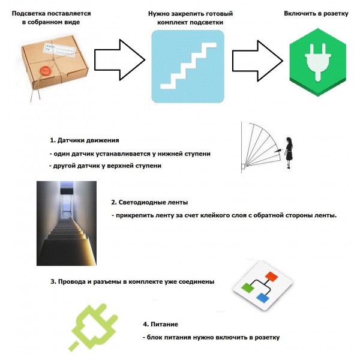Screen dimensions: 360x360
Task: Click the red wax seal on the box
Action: (x=46, y=71)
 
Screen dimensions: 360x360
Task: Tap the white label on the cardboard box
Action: (x=60, y=50)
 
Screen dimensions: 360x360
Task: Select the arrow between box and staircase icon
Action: (x=119, y=60)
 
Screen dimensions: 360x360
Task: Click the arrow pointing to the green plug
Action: (x=257, y=61)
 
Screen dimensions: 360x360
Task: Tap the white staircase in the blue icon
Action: (x=188, y=65)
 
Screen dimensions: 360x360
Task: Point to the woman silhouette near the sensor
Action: (x=289, y=153)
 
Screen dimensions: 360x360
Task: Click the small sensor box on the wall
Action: (x=243, y=166)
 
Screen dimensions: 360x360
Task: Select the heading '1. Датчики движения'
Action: (x=85, y=140)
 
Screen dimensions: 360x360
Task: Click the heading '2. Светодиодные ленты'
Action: (x=149, y=202)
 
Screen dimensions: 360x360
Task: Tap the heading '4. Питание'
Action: (x=160, y=324)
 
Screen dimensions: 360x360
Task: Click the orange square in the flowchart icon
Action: (x=271, y=277)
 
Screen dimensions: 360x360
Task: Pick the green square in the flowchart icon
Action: (x=247, y=288)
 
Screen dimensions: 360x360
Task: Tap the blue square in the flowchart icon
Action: (x=263, y=298)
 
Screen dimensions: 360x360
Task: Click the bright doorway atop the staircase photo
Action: (x=67, y=202)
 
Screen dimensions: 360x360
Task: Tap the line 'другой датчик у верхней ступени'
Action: (x=106, y=166)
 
